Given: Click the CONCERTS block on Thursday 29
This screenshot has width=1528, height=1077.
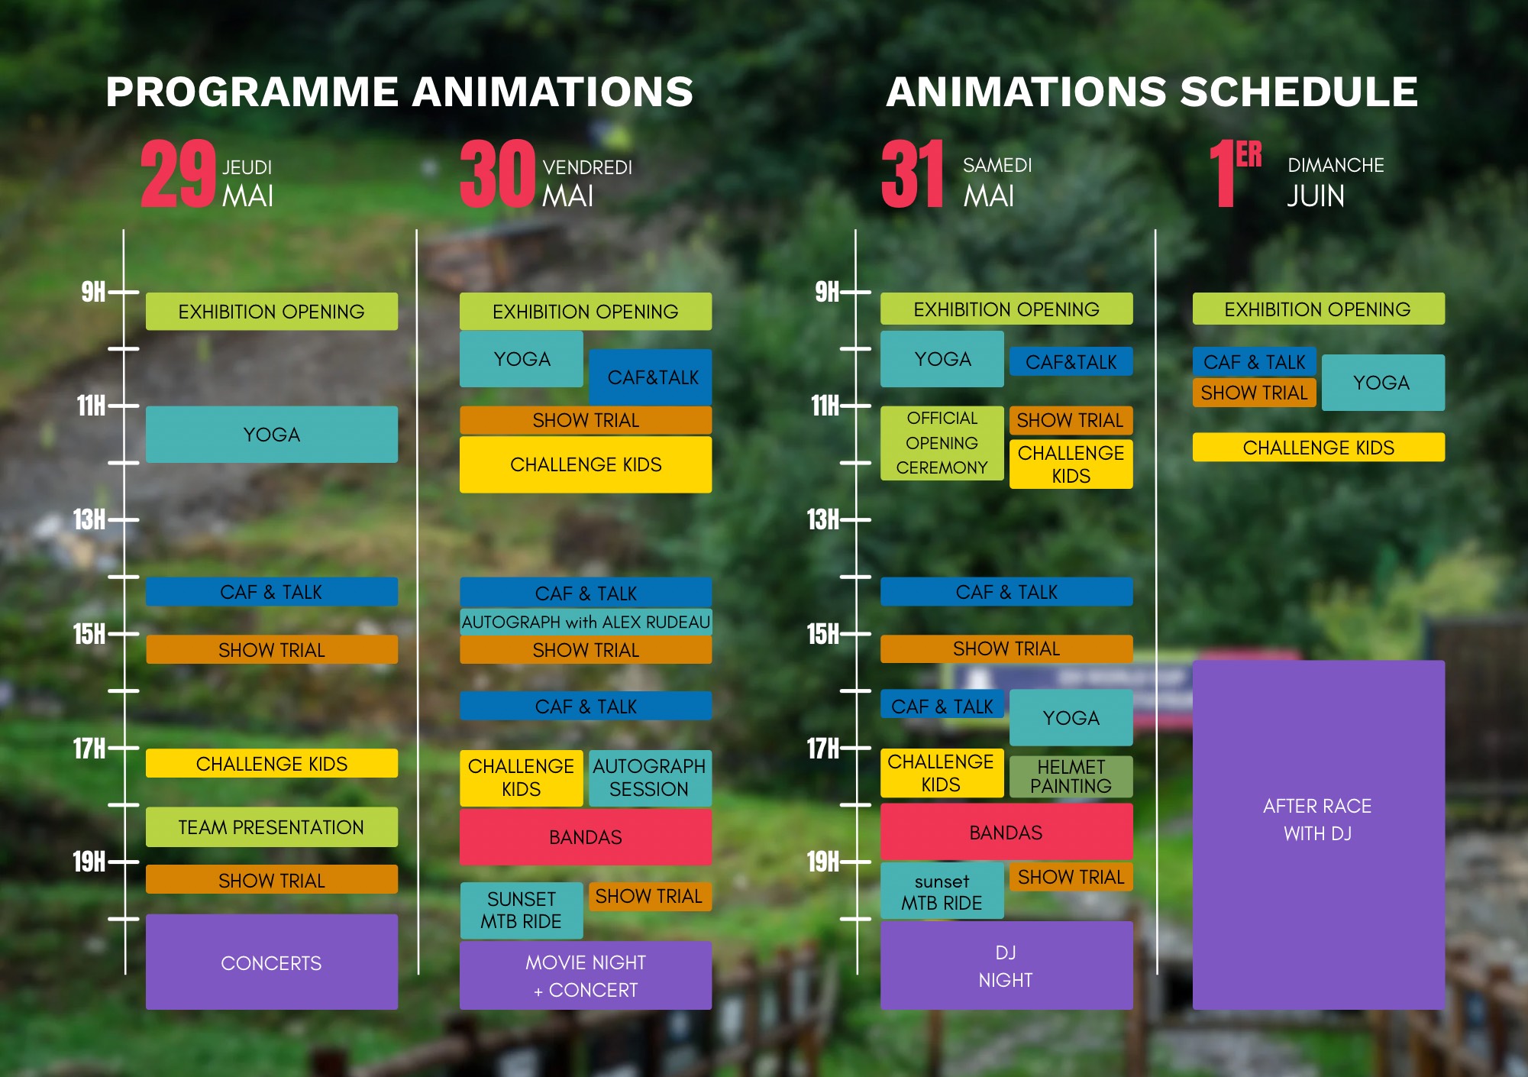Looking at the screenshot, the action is point(271,962).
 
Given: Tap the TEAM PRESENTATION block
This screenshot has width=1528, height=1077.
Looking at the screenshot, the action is point(271,826).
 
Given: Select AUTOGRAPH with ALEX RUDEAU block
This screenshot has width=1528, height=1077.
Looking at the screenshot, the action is point(586,622).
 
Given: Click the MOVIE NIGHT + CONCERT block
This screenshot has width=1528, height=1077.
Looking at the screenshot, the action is point(586,975).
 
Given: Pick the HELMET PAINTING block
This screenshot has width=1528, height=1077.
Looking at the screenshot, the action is point(1071,776).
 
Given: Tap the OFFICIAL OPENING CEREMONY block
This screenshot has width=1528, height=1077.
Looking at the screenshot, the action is point(942,443).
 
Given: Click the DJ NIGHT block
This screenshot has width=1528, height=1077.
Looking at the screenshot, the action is point(1006,965).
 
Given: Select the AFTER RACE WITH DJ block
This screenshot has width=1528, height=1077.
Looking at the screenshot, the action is point(1318,835).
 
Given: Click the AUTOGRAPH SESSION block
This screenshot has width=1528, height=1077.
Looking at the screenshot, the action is point(649,778).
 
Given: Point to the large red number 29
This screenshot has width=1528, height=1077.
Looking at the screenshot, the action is point(179,173).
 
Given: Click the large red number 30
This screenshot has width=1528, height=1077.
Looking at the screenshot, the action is point(497,173).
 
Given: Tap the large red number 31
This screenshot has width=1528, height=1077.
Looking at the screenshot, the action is point(913,173).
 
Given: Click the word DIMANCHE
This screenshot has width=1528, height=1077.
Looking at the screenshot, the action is point(1336,165).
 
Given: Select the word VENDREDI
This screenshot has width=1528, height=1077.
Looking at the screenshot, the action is point(587,167).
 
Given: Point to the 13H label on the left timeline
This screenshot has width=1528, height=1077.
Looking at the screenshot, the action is point(89,519).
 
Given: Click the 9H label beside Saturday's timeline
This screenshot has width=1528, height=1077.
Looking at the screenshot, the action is point(827,292).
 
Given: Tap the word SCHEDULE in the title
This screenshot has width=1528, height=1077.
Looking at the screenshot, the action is point(1299,92).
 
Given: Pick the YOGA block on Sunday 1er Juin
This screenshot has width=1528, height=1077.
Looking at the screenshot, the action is point(1382,383).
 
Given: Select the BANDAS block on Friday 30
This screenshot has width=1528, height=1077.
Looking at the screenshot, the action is point(586,836).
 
